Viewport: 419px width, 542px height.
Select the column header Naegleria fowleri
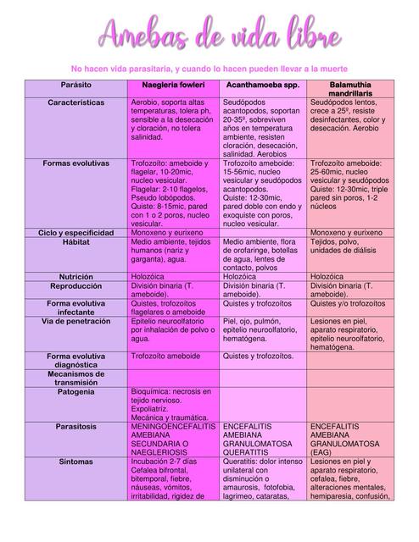[173, 86]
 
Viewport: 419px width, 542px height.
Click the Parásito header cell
[76, 86]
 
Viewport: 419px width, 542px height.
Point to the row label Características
[76, 102]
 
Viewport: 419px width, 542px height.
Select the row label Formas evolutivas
[76, 162]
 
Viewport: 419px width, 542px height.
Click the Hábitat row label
[76, 241]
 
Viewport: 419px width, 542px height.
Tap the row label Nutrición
[76, 277]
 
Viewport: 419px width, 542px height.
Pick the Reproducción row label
[76, 287]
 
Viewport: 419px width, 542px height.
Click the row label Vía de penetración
[76, 322]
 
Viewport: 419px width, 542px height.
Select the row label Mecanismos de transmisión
[76, 378]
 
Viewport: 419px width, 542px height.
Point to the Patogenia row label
[76, 392]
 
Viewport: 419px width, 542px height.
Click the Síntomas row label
[76, 462]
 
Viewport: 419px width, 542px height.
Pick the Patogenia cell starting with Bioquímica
[173, 404]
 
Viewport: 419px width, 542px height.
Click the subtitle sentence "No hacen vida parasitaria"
[209, 68]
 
